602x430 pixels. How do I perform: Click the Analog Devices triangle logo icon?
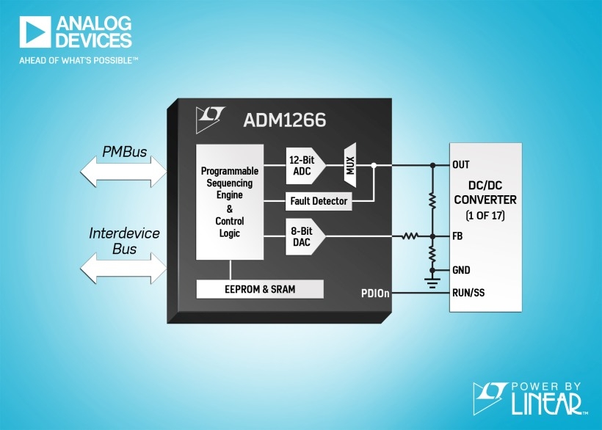point(33,32)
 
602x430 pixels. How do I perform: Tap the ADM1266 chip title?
point(284,119)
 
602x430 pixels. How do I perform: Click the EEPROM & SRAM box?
point(260,289)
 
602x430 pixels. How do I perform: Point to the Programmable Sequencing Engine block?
point(230,202)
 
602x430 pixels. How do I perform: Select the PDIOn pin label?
point(374,294)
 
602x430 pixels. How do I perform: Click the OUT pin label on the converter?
point(461,165)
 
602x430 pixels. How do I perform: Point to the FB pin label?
point(459,236)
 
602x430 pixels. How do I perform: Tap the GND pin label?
point(462,270)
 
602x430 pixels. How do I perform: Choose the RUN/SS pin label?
point(468,294)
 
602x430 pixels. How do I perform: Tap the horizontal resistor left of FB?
point(410,236)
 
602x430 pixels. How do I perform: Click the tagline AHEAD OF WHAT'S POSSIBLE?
point(79,61)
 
